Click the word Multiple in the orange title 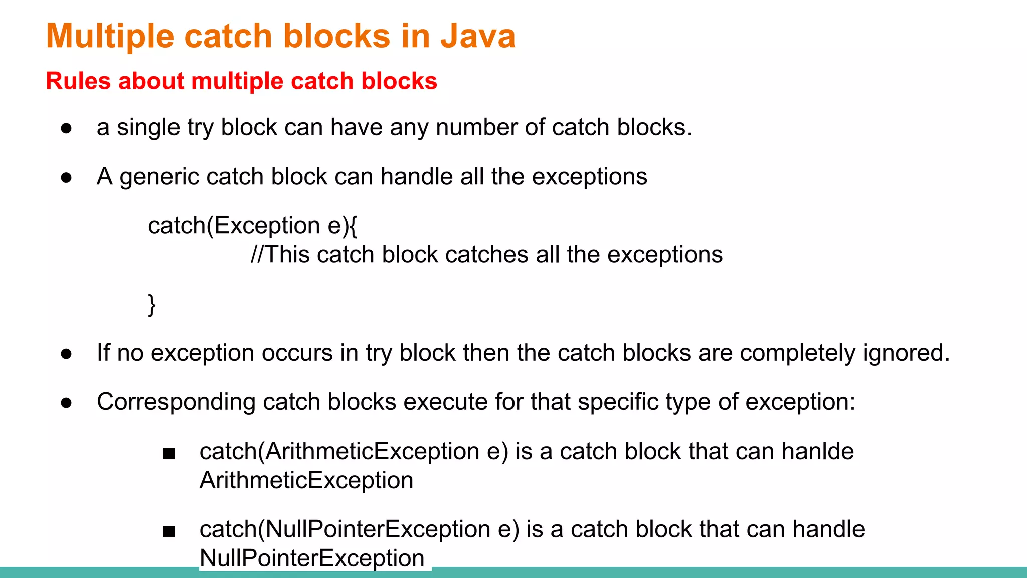click(109, 36)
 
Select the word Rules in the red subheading click(78, 81)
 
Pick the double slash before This click(256, 255)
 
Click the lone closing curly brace click(152, 305)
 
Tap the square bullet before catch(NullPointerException click(169, 531)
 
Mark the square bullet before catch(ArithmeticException click(169, 453)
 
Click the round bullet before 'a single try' click(66, 128)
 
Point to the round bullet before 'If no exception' click(66, 354)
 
